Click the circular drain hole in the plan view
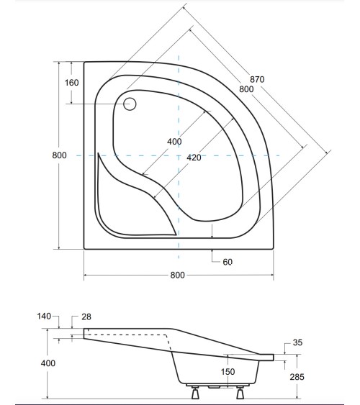tap(130, 104)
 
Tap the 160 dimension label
tap(71, 82)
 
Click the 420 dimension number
tap(194, 158)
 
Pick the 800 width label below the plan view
tap(179, 276)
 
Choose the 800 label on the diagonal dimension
tap(247, 89)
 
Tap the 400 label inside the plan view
tap(174, 142)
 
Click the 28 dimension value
tap(86, 317)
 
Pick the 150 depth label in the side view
tap(228, 372)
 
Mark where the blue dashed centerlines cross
tap(178, 155)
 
